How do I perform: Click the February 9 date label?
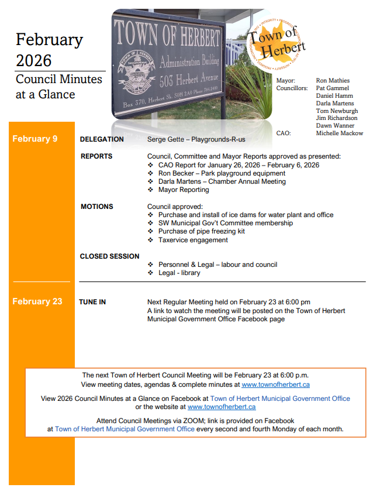[35, 139]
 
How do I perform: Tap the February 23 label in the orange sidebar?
[37, 301]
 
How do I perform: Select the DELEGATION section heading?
[102, 139]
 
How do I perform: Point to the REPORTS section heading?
[96, 156]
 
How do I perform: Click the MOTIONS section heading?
[97, 207]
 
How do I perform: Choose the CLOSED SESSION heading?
[110, 256]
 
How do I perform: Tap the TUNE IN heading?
[92, 302]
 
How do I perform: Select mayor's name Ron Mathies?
[333, 81]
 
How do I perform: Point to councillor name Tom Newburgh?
[337, 111]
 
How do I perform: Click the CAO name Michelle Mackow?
[339, 133]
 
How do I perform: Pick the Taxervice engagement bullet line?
[193, 240]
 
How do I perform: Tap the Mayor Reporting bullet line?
[183, 190]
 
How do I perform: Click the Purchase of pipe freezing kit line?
[201, 231]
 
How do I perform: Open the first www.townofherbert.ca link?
[275, 384]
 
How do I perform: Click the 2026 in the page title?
[34, 60]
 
